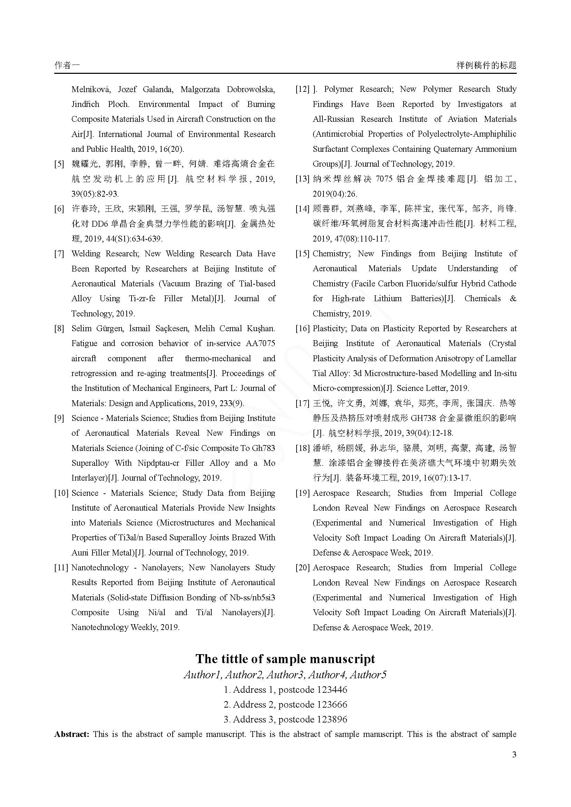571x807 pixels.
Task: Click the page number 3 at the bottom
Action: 514,755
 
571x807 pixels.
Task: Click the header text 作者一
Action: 67,65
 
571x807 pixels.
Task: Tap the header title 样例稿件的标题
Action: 486,65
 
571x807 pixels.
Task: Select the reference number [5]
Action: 59,164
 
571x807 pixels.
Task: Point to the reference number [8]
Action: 59,329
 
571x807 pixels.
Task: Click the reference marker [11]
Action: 61,568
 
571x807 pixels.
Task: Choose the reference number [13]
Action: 302,179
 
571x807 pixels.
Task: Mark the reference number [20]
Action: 302,568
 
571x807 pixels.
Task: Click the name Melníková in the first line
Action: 91,89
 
